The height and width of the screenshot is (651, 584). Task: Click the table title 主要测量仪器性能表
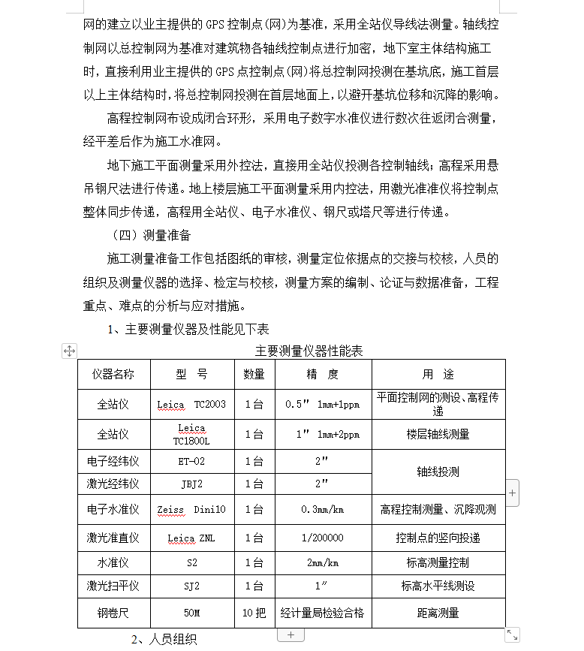coord(309,351)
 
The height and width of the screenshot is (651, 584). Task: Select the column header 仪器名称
coord(113,374)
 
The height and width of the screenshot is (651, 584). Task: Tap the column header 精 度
coord(323,374)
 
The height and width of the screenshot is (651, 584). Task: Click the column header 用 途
coord(438,374)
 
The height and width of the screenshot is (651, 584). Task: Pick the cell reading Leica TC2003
coord(191,404)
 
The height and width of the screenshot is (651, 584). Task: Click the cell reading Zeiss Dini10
coord(191,509)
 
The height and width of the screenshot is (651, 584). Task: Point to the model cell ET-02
coord(191,461)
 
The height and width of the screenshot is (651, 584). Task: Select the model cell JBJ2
coord(191,484)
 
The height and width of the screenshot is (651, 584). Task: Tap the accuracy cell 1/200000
coord(323,538)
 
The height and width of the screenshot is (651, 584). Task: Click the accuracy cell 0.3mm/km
coord(323,509)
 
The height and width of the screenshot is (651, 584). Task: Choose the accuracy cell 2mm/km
coord(323,562)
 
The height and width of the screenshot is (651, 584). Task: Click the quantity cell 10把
coord(254,613)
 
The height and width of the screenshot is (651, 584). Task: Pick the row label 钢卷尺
coord(113,613)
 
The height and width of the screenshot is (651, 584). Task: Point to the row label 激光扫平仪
coord(113,586)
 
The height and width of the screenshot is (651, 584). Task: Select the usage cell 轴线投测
coord(438,472)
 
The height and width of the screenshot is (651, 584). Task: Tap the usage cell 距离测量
coord(438,613)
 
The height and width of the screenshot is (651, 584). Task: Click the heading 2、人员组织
coord(164,640)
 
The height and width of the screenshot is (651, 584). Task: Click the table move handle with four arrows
coord(69,351)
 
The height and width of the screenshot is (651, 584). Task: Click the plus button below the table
coord(290,635)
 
